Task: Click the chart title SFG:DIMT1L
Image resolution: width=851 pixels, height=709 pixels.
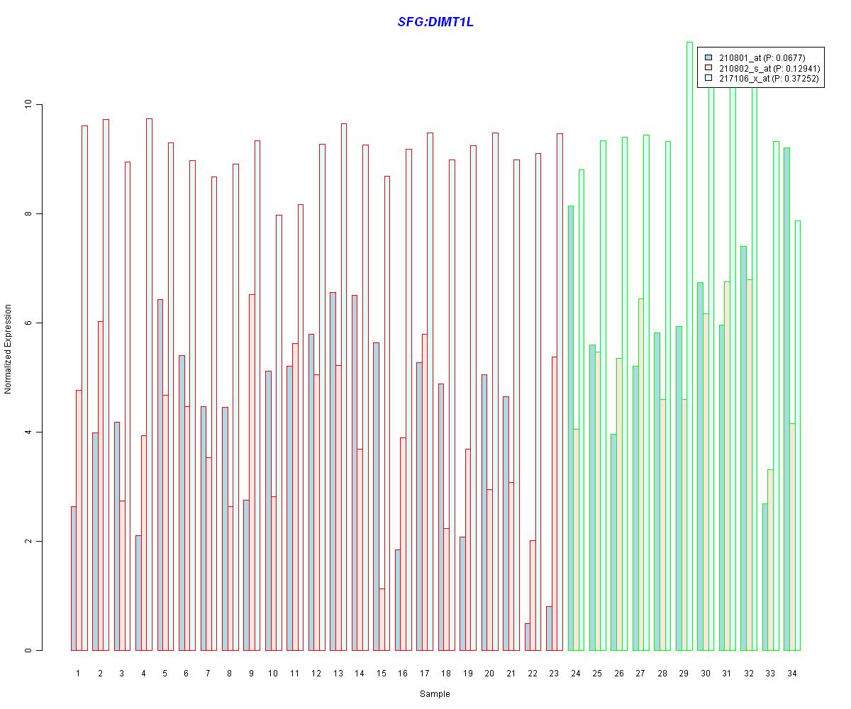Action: click(x=435, y=22)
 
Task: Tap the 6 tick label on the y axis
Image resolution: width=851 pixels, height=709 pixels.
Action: click(x=29, y=323)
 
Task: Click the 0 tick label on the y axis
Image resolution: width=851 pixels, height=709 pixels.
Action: click(x=29, y=650)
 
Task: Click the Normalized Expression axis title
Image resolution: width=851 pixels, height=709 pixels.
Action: click(x=9, y=349)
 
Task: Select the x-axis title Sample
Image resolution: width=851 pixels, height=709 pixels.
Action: click(x=434, y=694)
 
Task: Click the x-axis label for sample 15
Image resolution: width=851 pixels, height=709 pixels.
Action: click(x=381, y=673)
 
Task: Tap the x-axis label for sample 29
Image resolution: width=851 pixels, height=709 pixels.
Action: click(x=684, y=673)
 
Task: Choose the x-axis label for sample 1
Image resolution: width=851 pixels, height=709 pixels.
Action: click(x=78, y=673)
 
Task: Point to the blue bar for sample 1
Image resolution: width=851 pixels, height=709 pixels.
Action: click(x=73, y=579)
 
